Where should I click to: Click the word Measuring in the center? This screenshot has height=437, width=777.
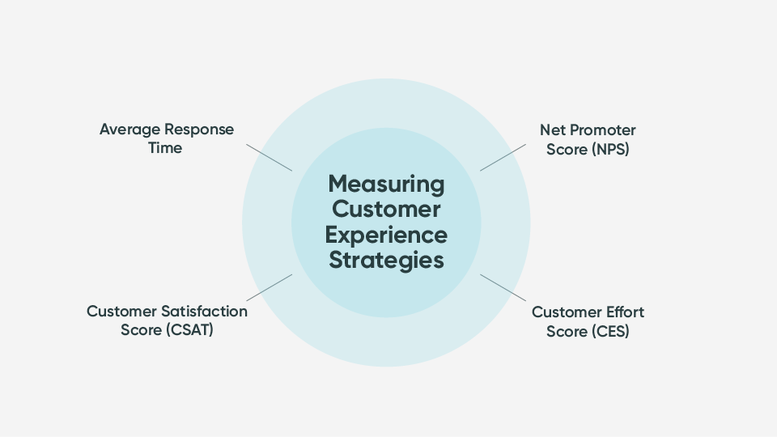point(386,184)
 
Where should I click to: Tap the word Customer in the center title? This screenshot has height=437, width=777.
point(386,209)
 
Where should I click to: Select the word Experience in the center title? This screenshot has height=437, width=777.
point(386,235)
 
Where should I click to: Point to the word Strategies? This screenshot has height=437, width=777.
point(386,261)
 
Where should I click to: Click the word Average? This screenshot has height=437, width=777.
point(129,129)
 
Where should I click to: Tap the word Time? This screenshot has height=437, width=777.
point(165,148)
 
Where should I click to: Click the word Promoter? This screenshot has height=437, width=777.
point(601,130)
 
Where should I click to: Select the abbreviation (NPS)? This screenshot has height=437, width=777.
point(607,150)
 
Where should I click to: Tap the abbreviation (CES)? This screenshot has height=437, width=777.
point(609,331)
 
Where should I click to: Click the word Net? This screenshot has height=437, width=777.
point(552,130)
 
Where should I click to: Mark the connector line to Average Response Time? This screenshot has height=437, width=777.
point(269,158)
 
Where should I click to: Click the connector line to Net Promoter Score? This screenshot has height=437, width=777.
point(503,158)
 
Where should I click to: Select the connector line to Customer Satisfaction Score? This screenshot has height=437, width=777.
point(269,286)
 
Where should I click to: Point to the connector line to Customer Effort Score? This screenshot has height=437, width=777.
point(503,286)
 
